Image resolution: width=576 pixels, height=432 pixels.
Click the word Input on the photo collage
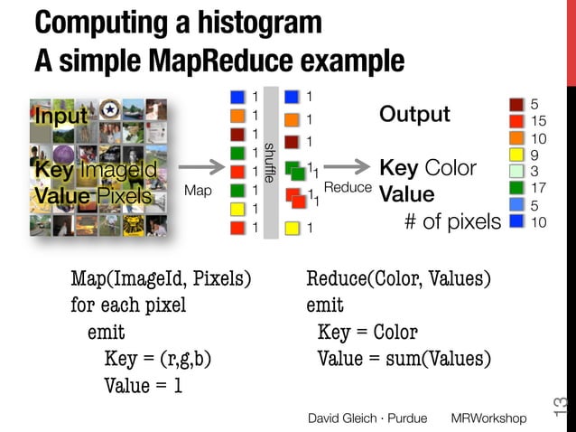click(61, 117)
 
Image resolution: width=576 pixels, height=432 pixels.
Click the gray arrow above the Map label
click(201, 166)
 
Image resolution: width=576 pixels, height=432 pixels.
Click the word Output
click(414, 115)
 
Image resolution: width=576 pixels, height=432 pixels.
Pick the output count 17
click(540, 188)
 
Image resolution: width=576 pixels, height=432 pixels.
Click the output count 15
click(540, 121)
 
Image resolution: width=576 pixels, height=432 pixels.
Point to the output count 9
click(535, 155)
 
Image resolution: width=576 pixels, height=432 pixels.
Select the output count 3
click(534, 171)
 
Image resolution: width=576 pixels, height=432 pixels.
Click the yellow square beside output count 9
click(516, 155)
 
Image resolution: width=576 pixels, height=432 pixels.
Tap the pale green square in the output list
click(516, 171)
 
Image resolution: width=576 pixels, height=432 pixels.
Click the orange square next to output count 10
click(516, 138)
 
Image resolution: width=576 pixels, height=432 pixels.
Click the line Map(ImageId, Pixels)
click(161, 277)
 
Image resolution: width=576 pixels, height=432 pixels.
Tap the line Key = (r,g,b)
click(158, 360)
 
